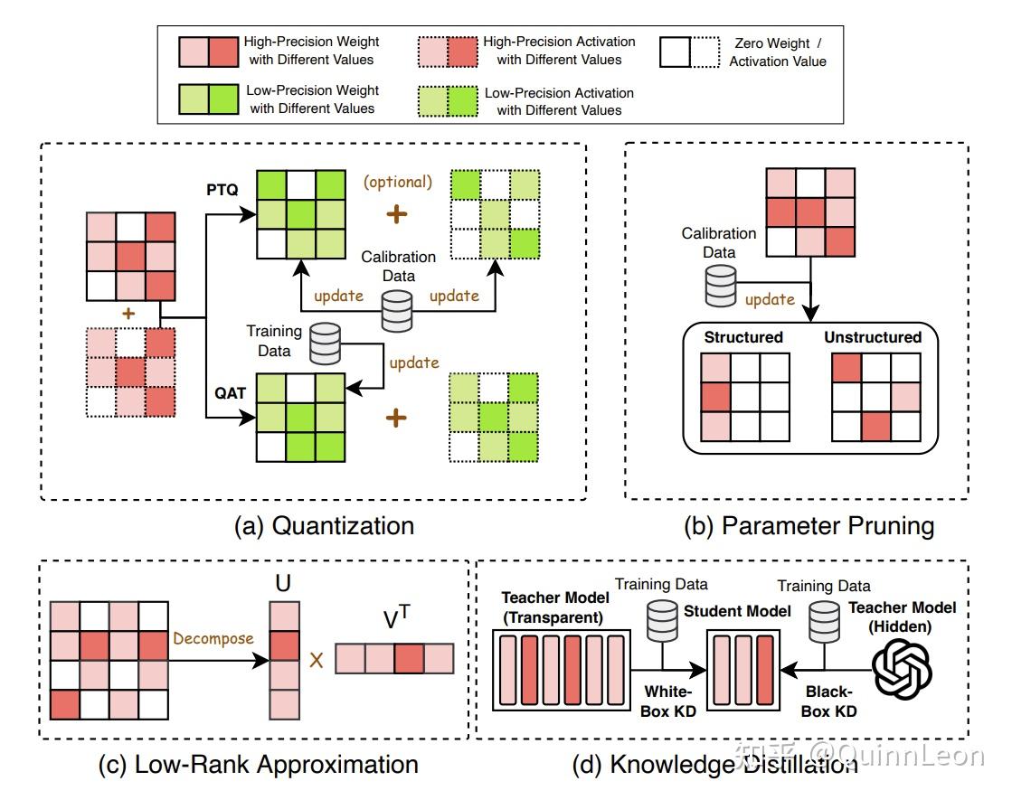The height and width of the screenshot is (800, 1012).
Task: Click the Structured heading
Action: pos(743,337)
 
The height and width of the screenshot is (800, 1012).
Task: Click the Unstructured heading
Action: pos(873,337)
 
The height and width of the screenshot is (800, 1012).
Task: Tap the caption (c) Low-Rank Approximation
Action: pos(258,765)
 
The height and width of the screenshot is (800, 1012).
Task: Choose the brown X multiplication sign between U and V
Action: pos(317,659)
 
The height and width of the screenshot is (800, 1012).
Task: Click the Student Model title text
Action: pos(737,611)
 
